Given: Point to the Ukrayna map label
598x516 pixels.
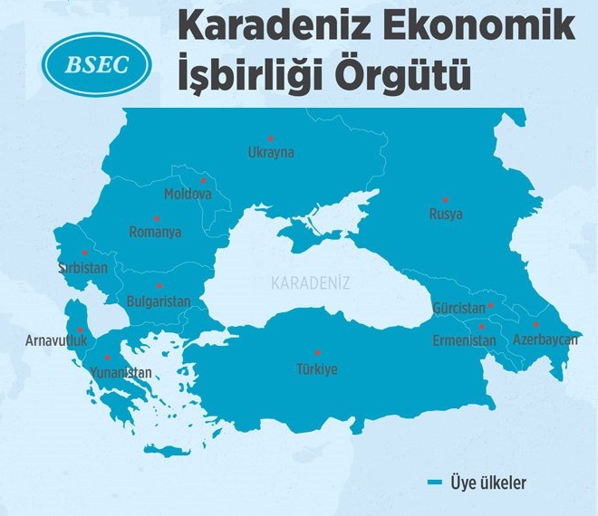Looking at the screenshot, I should [x=271, y=153].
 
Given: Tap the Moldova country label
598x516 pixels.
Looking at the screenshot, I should [x=188, y=195].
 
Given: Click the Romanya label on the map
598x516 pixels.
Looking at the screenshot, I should [x=155, y=232].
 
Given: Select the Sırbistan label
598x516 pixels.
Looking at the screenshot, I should [x=83, y=269].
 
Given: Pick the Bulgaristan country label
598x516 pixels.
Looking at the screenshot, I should [x=159, y=301].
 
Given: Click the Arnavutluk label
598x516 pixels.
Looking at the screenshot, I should [x=56, y=341].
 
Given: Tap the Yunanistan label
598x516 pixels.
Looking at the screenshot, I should [x=121, y=372].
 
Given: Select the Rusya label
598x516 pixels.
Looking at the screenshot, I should [x=446, y=215].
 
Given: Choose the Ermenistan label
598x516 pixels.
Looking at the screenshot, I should [x=465, y=340].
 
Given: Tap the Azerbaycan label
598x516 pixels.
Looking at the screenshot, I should [x=545, y=340].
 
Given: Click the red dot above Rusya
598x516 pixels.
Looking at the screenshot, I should [x=446, y=198].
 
